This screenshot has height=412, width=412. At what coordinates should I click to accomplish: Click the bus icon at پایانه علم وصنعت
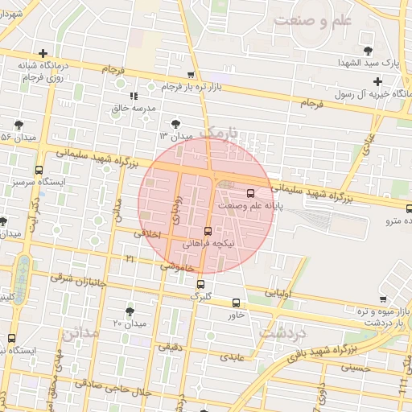pos(249,193)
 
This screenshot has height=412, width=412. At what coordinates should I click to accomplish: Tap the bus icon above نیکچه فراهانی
pos(208,231)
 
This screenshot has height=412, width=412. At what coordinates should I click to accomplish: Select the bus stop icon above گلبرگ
pos(201,284)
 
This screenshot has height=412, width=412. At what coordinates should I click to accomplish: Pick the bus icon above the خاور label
pos(236,303)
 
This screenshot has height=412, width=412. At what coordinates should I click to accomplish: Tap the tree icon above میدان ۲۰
pos(130,311)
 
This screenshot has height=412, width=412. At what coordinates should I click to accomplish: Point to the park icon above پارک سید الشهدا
pos(368,51)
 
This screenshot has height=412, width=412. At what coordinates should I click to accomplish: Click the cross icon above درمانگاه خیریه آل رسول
pos(377,80)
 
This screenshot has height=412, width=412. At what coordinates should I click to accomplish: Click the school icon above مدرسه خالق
pos(145,96)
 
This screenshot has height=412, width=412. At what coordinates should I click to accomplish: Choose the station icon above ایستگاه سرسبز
pos(39,170)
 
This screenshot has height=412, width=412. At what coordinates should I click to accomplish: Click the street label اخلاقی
pos(150,233)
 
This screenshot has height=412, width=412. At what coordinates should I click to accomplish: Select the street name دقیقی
pos(169,347)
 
